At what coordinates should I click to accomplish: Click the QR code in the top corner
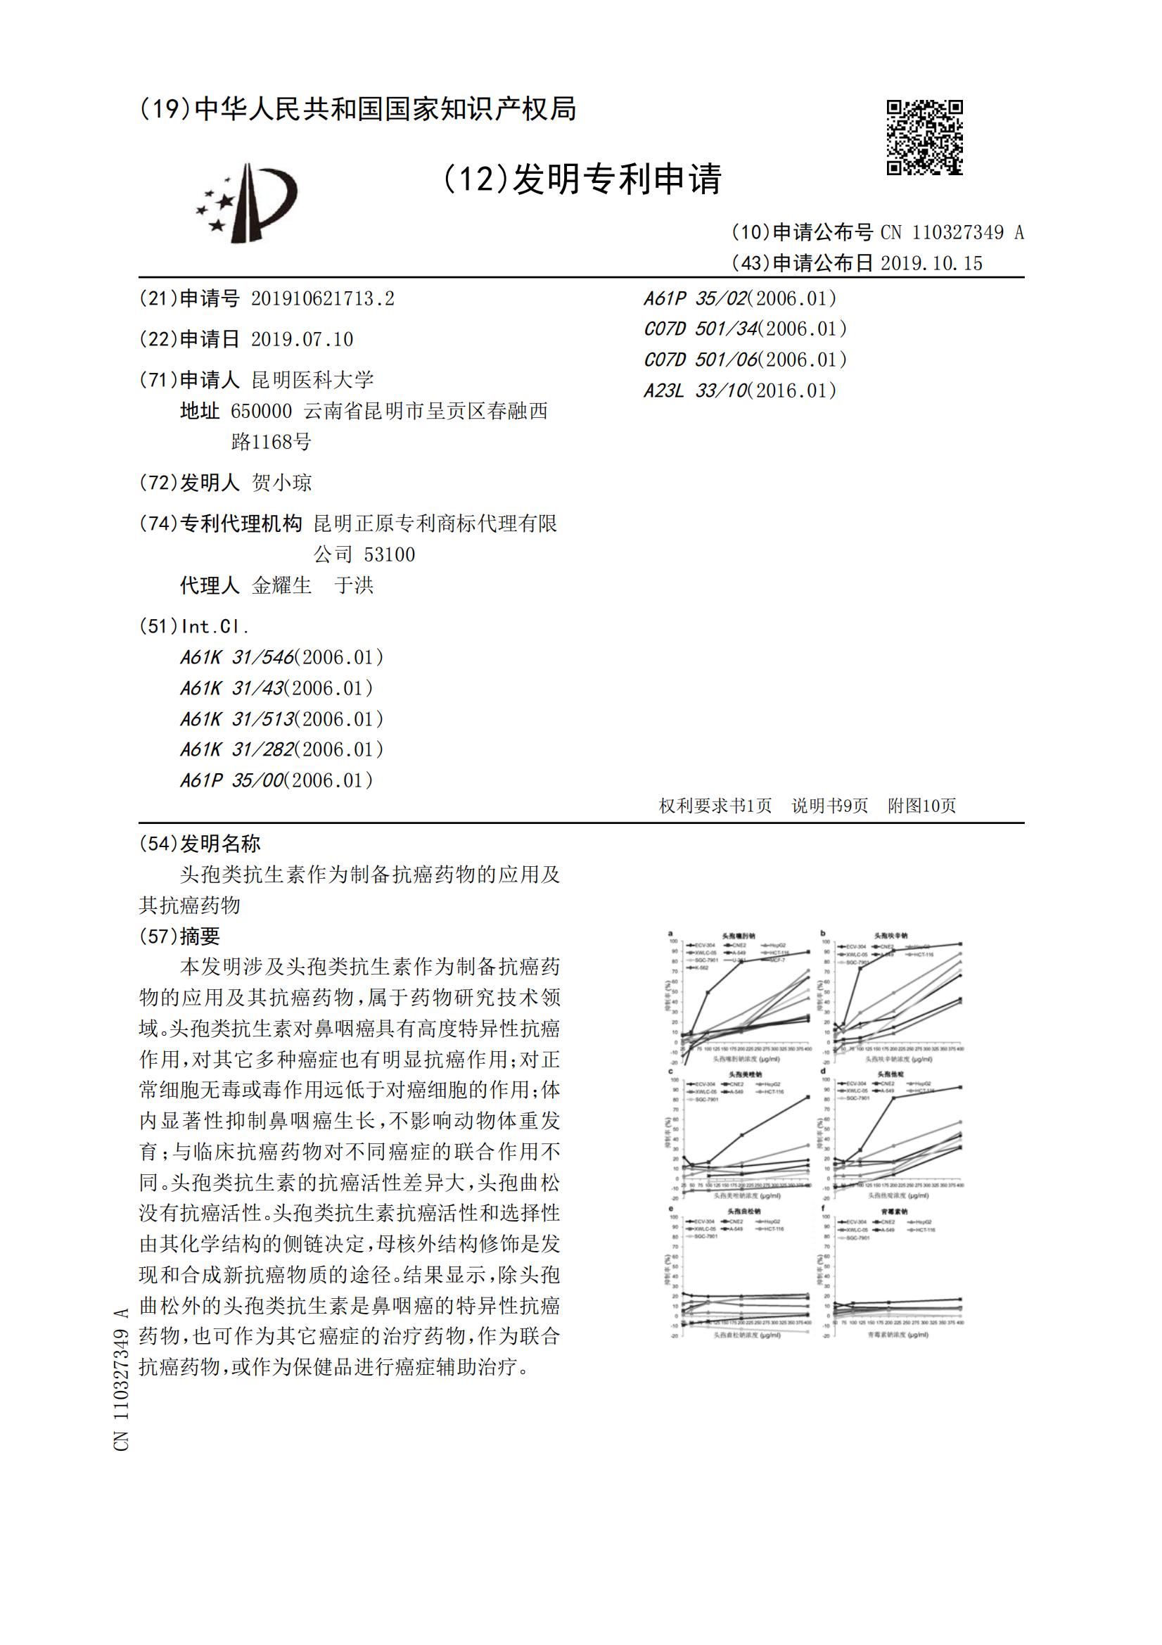[924, 136]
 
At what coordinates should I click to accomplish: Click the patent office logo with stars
[246, 203]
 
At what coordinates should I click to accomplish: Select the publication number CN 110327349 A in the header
[952, 232]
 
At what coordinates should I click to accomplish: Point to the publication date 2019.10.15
[931, 263]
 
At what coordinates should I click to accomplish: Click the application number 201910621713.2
[322, 299]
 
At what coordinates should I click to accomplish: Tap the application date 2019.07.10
[302, 340]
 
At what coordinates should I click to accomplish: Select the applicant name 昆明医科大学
[312, 380]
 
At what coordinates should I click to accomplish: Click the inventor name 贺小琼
[281, 483]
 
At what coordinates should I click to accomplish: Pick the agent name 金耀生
[281, 585]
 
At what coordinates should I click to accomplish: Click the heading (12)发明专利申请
[582, 179]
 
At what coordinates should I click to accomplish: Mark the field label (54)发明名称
[200, 844]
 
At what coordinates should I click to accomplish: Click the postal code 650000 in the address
[261, 411]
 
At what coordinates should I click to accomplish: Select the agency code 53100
[389, 554]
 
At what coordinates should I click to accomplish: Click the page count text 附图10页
[921, 806]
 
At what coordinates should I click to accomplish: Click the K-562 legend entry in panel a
[698, 967]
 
